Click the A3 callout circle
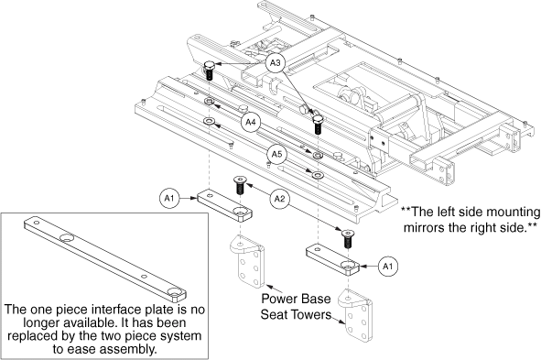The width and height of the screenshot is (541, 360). (275, 63)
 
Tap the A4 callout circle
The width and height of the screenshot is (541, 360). (251, 122)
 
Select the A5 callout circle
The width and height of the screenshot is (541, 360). (277, 154)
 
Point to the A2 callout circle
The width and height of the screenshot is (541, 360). (279, 199)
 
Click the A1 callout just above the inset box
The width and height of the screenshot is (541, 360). (169, 198)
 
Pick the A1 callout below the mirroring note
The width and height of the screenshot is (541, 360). (388, 267)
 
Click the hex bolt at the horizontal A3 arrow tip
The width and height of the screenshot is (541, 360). (209, 71)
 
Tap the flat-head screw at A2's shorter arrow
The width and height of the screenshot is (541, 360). (239, 185)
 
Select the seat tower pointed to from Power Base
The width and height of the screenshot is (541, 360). (247, 261)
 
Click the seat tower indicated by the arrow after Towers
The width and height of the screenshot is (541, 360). (355, 315)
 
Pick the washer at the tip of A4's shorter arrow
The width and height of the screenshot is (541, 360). (209, 102)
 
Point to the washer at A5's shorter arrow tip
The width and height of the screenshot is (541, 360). (317, 155)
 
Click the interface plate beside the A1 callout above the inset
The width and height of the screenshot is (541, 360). (225, 206)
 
